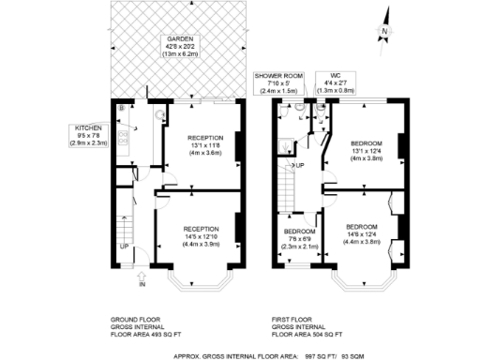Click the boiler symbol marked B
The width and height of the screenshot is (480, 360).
click(x=121, y=109)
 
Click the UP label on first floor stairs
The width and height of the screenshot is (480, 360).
click(x=300, y=166)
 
